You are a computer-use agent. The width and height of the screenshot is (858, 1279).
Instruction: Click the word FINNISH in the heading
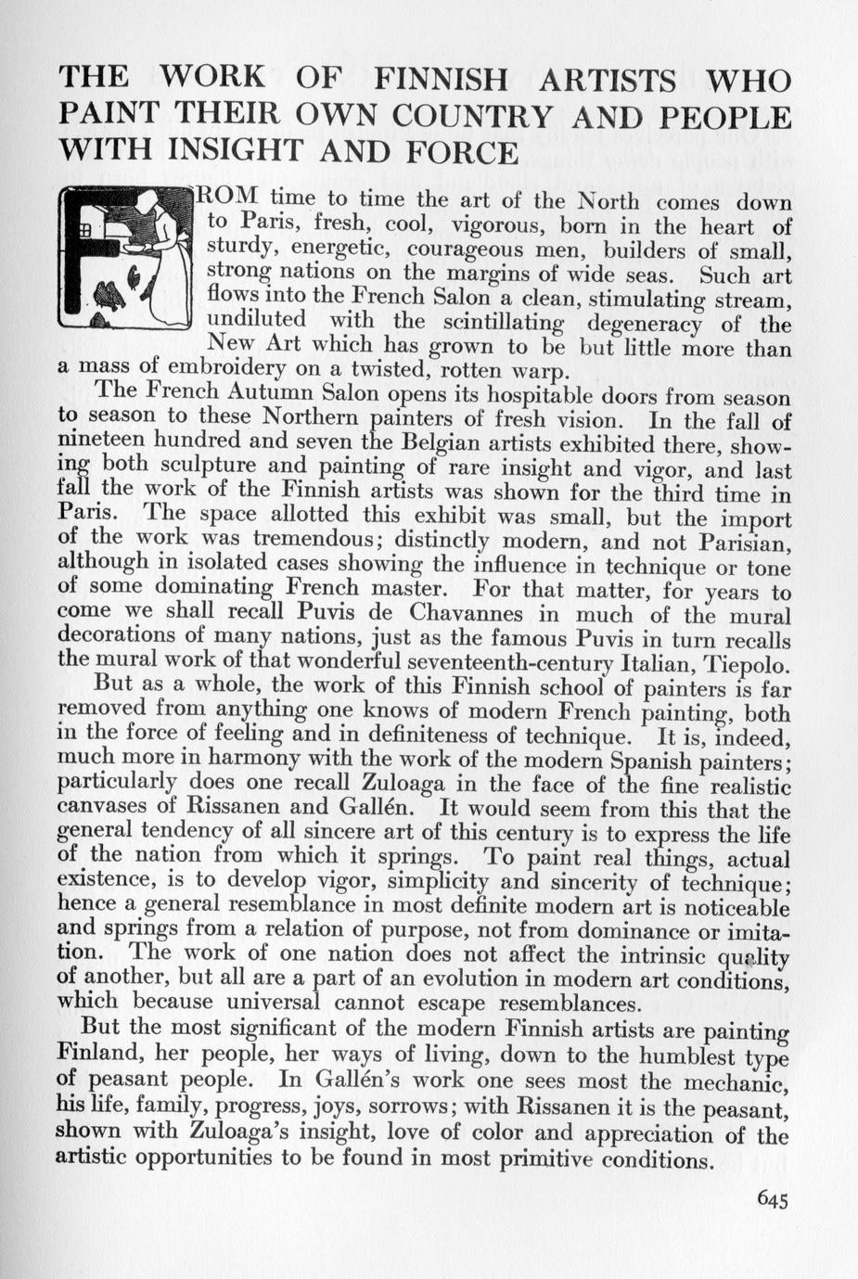[x=439, y=80]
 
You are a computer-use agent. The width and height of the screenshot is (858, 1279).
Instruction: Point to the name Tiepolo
[x=748, y=664]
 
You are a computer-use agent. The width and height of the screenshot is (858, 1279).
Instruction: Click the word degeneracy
[x=647, y=324]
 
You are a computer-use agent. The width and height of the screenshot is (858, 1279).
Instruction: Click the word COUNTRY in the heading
[x=472, y=117]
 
